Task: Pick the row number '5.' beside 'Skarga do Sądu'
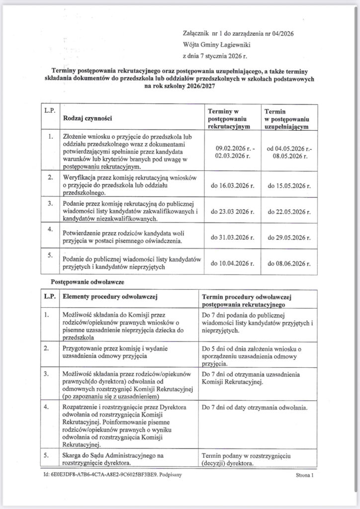tap(47, 455)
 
